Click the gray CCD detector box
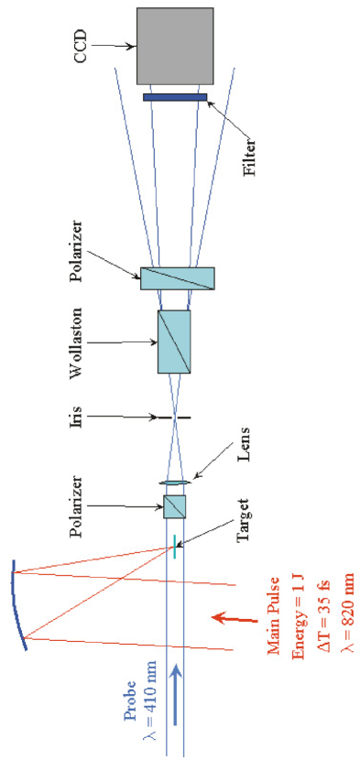[175, 46]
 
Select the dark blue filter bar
[175, 97]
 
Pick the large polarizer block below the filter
[177, 278]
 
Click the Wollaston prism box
[173, 341]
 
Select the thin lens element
[174, 483]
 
